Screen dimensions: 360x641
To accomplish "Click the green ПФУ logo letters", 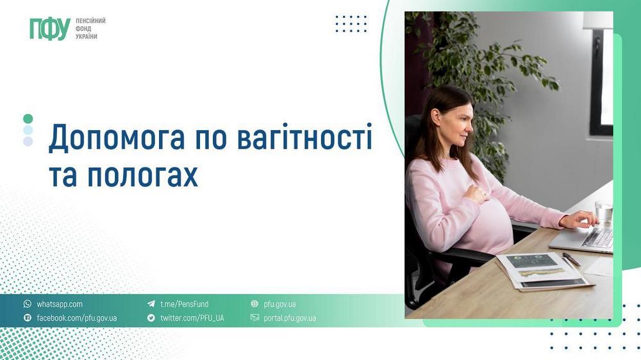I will tap(49, 29).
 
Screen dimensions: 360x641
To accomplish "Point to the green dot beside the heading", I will tap(28, 119).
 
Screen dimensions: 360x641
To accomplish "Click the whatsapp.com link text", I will tap(60, 304).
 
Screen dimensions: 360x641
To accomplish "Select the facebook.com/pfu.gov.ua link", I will tap(76, 318).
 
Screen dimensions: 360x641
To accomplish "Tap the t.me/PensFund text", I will tap(185, 304).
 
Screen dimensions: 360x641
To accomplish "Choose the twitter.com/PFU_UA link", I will tap(192, 318).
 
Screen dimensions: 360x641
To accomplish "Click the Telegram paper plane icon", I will tap(151, 304).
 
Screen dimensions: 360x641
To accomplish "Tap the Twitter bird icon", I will tap(151, 318).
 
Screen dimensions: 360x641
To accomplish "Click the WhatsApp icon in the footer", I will tap(28, 304).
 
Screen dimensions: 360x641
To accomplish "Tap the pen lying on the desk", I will tap(572, 259).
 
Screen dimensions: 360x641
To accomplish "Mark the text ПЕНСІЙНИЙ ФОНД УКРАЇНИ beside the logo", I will tap(90, 29).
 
